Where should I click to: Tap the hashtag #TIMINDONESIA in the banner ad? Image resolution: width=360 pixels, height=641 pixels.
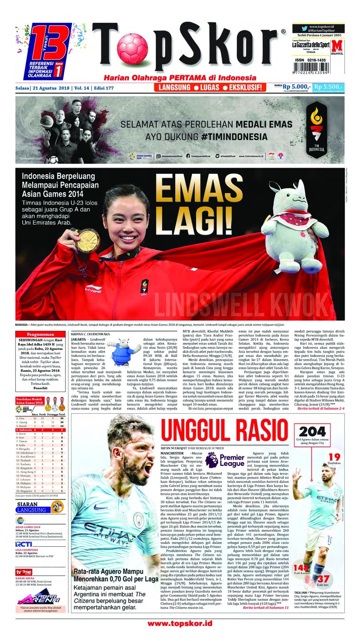(x=217, y=136)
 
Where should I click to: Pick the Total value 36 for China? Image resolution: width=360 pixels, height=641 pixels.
(x=62, y=418)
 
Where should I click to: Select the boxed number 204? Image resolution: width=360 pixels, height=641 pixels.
(x=312, y=432)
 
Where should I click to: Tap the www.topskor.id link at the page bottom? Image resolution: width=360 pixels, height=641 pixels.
(x=180, y=624)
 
